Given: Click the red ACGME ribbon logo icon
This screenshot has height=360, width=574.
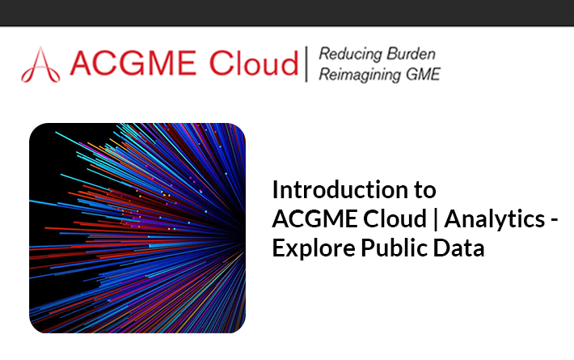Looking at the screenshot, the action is coord(40,66).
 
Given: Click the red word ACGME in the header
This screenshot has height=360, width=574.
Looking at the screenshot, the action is coord(133,63).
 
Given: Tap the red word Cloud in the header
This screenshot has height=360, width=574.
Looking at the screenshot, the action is coord(254,63).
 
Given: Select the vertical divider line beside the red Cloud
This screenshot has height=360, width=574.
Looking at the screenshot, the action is coord(306,64).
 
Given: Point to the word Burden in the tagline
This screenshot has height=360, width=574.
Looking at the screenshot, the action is coord(412,54).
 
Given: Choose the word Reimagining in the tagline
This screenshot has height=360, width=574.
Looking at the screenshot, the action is coord(360,75).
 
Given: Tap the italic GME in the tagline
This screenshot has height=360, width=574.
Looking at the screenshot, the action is coord(423,74).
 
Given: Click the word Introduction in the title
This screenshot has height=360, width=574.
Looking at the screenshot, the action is coord(340,189).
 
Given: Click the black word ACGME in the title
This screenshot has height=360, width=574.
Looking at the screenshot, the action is coord(314,218).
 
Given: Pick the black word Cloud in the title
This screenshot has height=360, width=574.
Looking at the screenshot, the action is coord(395,218).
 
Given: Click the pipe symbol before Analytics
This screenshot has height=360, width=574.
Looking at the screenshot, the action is coord(436,218).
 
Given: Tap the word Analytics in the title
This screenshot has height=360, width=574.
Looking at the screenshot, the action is coord(495,219).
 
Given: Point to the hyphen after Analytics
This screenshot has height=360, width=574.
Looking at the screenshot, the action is coord(554,221).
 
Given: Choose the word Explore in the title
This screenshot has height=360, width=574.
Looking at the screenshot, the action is coord(314,248).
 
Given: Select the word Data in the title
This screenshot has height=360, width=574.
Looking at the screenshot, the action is coord(458,248).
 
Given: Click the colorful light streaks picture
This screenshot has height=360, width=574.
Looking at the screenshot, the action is coord(137,228).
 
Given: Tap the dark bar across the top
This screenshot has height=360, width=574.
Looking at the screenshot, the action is coord(287,13).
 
